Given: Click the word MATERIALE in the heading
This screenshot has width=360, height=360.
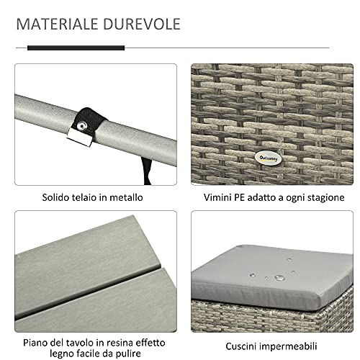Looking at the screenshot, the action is [57, 24].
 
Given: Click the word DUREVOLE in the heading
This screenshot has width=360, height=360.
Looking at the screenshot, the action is [142, 24].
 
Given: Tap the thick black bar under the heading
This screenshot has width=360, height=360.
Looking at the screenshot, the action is [76, 48].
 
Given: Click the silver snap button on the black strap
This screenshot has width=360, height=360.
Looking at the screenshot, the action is [82, 125].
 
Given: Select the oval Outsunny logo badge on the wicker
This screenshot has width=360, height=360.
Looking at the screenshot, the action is [268, 158].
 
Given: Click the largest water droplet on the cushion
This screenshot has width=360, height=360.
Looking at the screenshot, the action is [280, 278].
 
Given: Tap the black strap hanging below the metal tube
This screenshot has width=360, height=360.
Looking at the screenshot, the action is [146, 171].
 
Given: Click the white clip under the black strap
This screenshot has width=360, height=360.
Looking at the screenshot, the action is [80, 138].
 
